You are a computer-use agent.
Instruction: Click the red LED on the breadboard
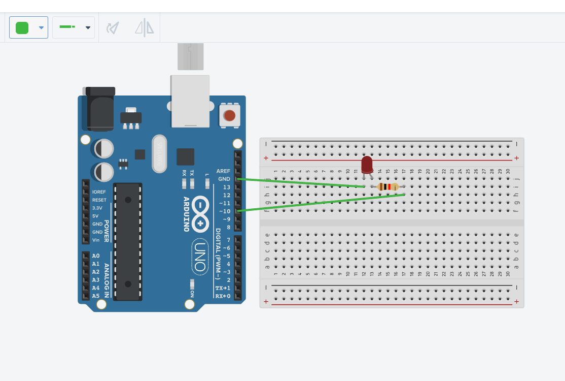[367, 165]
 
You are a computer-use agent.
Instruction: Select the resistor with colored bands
[388, 187]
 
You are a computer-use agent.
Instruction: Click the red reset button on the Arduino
[230, 115]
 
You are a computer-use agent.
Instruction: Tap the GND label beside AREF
[224, 179]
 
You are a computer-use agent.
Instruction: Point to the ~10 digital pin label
[224, 211]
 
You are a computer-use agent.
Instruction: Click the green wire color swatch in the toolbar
[22, 27]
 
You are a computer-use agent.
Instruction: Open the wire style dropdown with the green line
[74, 27]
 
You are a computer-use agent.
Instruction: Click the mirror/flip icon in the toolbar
[145, 27]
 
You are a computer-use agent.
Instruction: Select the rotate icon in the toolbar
[113, 27]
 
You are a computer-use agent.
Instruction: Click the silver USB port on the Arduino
[190, 101]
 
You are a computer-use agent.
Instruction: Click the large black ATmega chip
[127, 241]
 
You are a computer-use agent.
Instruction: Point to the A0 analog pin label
[96, 256]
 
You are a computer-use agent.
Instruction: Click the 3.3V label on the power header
[97, 208]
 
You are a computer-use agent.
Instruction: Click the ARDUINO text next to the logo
[186, 214]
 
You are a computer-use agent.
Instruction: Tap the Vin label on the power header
[96, 240]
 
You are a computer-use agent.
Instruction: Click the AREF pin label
[223, 171]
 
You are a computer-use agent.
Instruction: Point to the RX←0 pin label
[223, 296]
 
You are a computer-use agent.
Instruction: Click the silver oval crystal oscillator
[159, 154]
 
